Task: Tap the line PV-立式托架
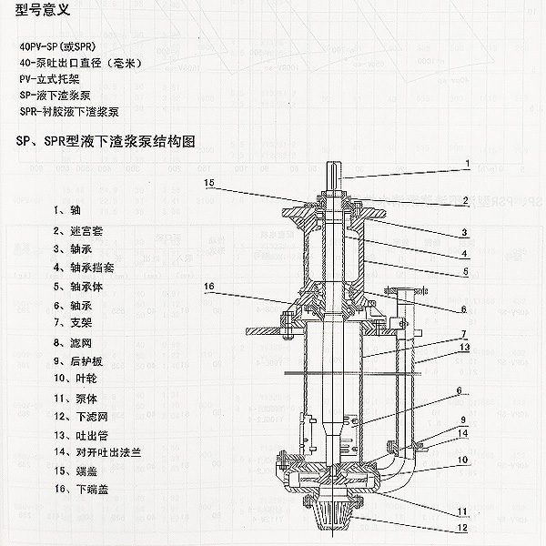[x=55, y=79]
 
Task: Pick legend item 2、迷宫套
[x=78, y=231]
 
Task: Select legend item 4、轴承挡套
[x=83, y=268]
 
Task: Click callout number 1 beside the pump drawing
[x=467, y=165]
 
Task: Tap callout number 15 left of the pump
[x=208, y=183]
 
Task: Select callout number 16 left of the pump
[x=208, y=287]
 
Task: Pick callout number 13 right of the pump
[x=465, y=347]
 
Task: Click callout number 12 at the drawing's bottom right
[x=465, y=527]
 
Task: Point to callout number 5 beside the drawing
[x=464, y=270]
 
